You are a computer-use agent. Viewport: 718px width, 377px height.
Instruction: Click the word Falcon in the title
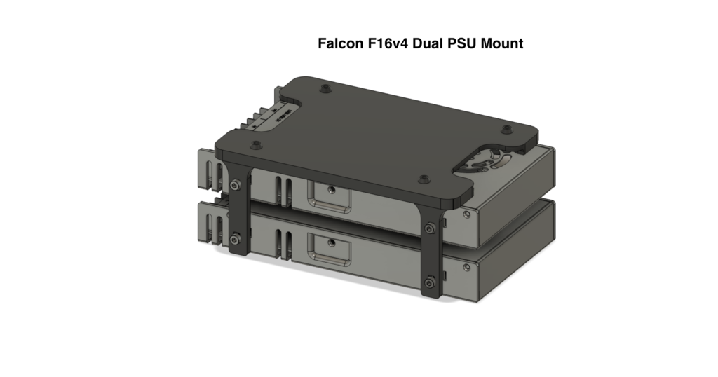click(340, 43)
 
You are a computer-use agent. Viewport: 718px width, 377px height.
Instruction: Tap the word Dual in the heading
click(429, 43)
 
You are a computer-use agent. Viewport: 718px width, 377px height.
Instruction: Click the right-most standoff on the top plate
click(506, 128)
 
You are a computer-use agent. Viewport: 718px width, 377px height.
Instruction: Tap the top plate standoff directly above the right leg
click(423, 180)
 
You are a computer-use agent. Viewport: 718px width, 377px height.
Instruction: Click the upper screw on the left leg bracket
click(234, 185)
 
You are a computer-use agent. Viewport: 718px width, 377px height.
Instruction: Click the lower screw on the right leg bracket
click(429, 282)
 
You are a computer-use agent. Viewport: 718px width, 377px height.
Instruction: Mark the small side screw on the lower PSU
click(466, 267)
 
